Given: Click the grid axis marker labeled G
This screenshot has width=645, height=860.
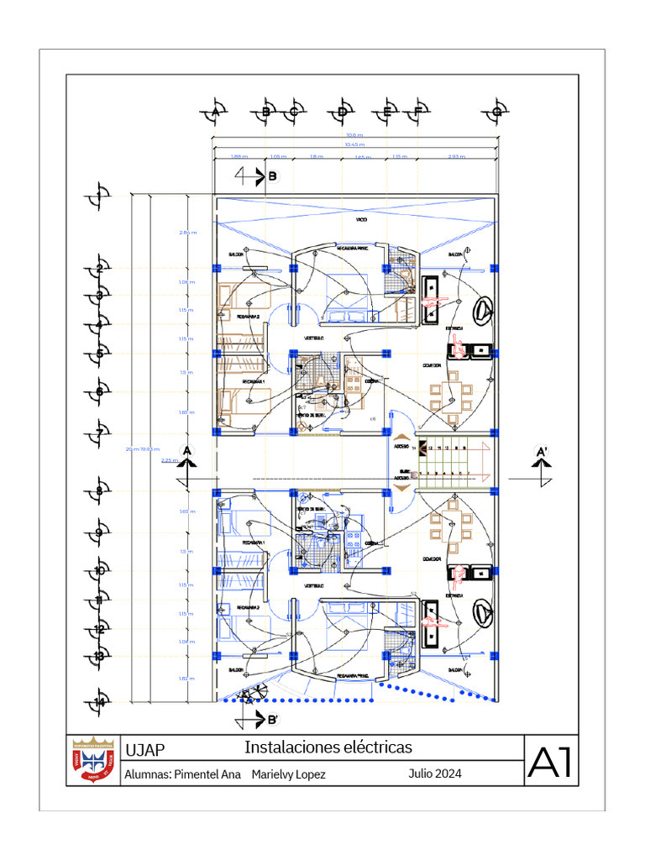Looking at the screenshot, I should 496,112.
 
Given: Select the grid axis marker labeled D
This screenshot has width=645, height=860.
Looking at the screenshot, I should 342,112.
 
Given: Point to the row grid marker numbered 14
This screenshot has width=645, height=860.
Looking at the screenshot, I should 99,701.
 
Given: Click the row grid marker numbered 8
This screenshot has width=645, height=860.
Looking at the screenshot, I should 99,492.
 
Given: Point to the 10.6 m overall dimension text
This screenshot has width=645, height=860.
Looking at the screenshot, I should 354,135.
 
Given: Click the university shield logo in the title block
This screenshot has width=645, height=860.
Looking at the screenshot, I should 92,761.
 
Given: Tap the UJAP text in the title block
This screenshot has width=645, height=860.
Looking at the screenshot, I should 144,750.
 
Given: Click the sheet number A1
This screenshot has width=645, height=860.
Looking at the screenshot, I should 550,761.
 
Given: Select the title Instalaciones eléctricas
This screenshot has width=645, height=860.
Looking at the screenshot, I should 328,747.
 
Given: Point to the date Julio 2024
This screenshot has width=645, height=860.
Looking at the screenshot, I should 435,773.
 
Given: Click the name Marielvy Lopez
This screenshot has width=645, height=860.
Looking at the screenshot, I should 288,774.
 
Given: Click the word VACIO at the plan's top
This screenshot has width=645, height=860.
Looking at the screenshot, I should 360,220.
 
